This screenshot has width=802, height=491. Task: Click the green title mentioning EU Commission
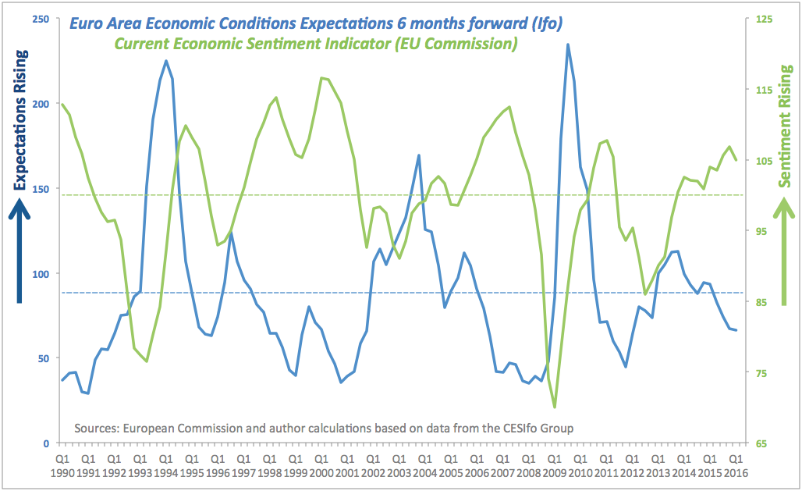point(316,44)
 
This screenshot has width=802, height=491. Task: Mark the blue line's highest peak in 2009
point(567,44)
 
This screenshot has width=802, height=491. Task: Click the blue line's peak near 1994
point(166,61)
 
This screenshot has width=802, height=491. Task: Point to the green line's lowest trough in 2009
point(555,407)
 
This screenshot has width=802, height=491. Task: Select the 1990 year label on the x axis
point(62,473)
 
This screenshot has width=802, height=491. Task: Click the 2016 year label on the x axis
point(735,473)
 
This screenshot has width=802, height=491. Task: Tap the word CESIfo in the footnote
point(507,428)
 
